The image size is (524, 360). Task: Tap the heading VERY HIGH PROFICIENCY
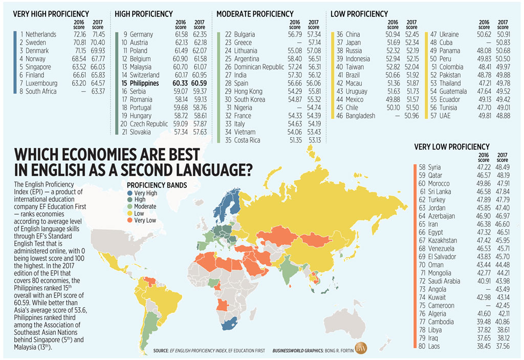[51, 14]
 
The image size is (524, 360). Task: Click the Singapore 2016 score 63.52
[78, 67]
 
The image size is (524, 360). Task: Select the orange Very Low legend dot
[130, 220]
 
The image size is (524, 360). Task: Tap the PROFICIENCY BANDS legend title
[157, 185]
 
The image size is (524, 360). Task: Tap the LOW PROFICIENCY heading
[359, 14]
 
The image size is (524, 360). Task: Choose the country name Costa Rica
[247, 140]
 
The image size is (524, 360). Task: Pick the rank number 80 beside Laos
[422, 347]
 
